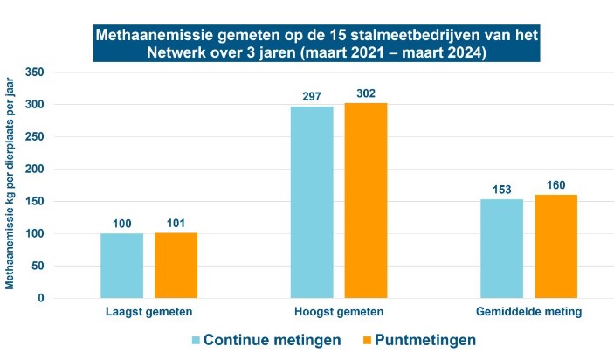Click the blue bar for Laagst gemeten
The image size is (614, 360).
tap(122, 266)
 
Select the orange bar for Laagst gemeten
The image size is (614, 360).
tap(176, 266)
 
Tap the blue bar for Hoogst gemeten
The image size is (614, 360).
tap(312, 203)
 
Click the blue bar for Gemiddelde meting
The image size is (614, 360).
tap(501, 249)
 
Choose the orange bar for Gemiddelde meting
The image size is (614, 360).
tap(555, 246)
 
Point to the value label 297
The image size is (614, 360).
tap(312, 95)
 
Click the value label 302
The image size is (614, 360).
tap(365, 93)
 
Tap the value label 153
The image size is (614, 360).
tap(501, 189)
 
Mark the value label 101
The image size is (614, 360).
tap(176, 223)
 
